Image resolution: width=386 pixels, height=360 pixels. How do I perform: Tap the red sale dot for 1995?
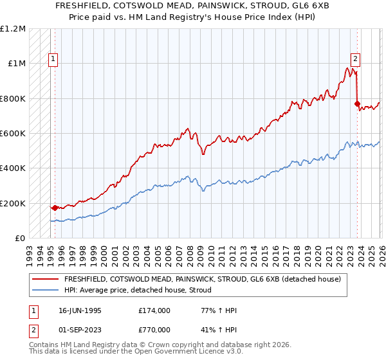coord(55,208)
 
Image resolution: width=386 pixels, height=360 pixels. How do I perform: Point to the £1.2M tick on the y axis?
coord(13,28)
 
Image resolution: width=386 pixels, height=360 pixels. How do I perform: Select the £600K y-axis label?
coord(13,133)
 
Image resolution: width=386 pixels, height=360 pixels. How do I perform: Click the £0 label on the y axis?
coord(21,238)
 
